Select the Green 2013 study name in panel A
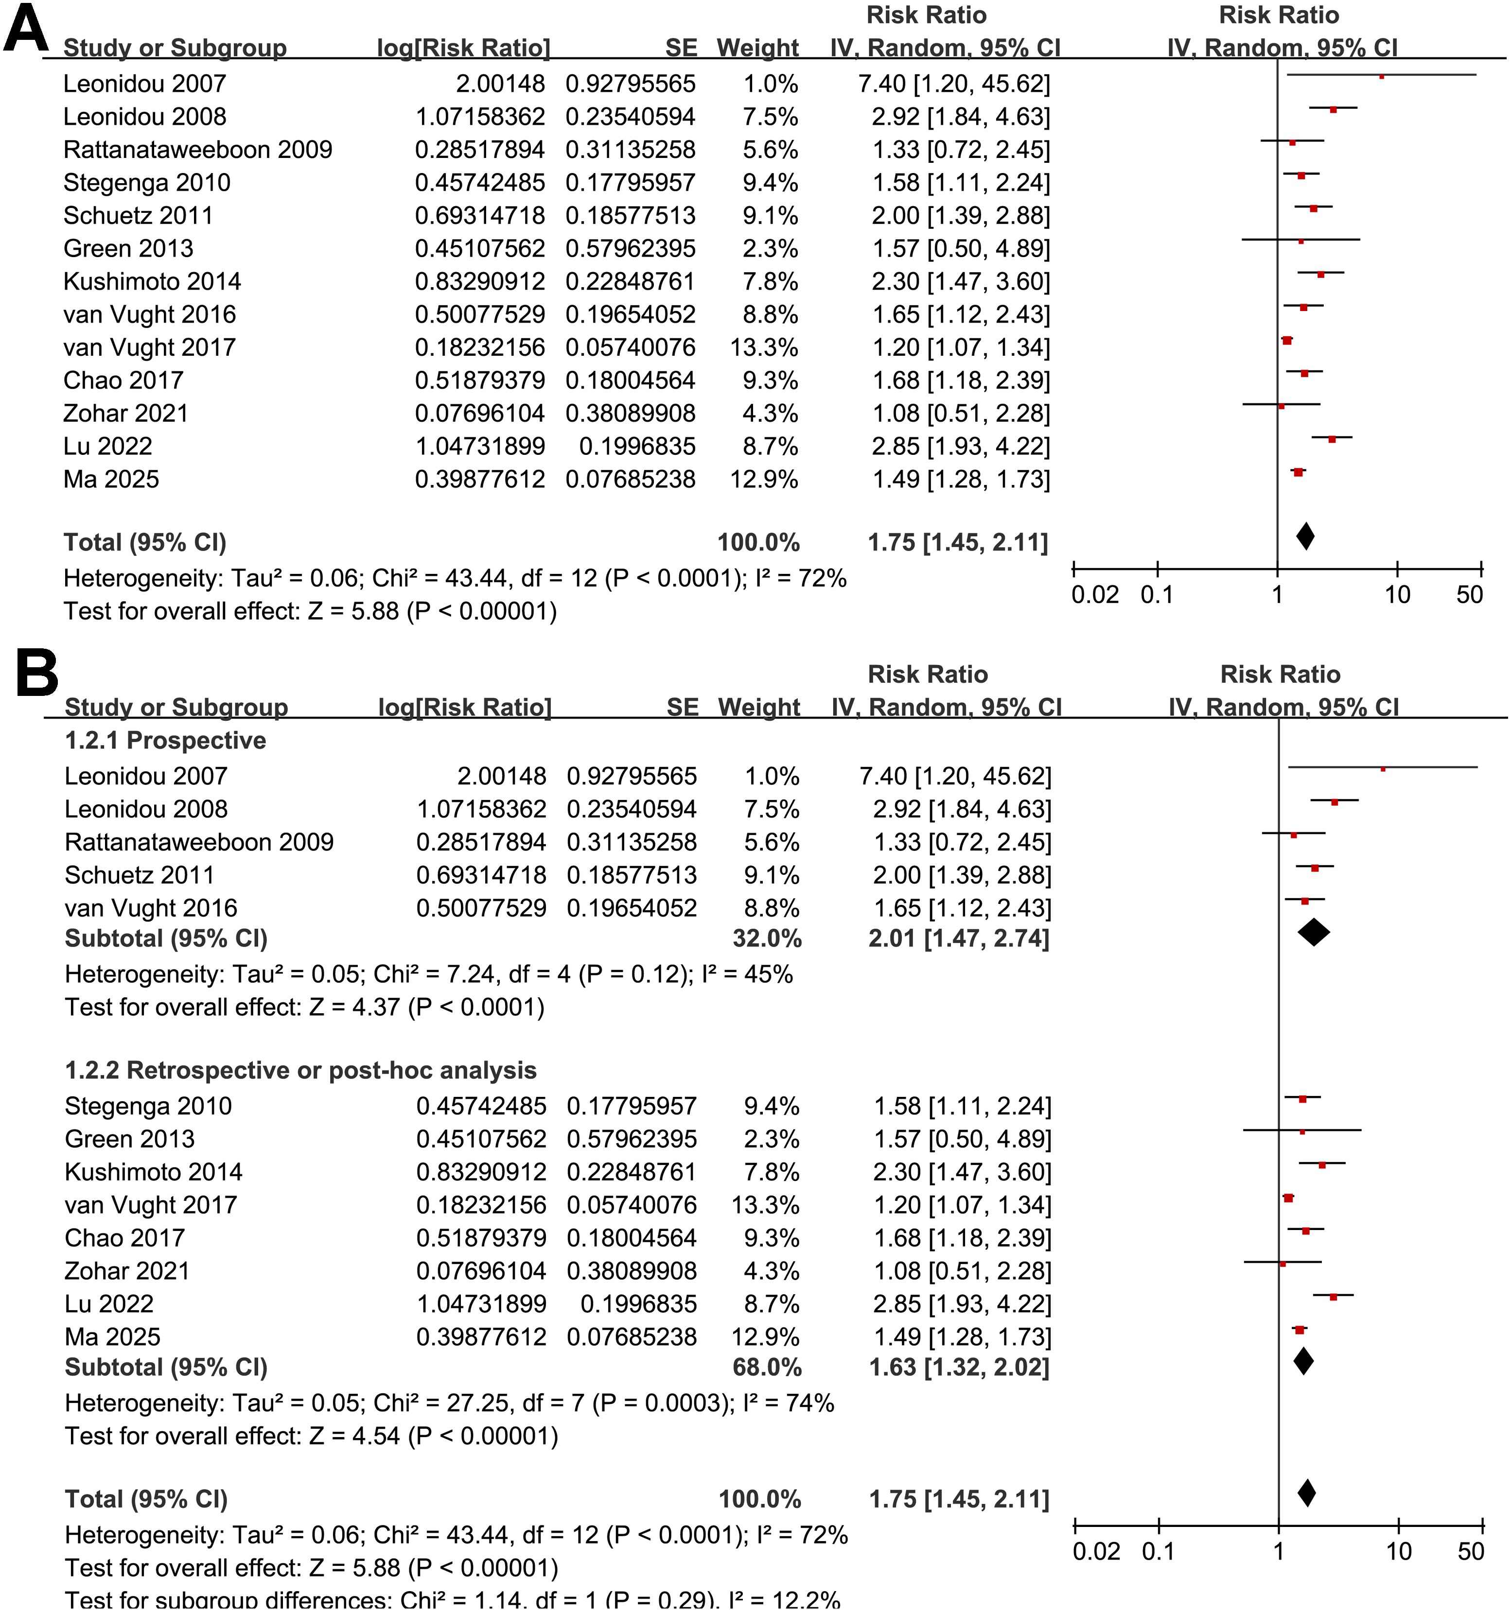click(x=128, y=248)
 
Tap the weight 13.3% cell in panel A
click(x=764, y=347)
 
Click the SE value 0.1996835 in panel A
click(x=637, y=446)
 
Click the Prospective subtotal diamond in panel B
click(x=1314, y=933)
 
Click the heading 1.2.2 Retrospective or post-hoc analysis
click(x=300, y=1070)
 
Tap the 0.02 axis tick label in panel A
click(x=1095, y=595)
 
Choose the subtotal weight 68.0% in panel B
click(x=767, y=1367)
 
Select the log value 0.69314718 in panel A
click(x=480, y=216)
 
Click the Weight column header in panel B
click(x=759, y=707)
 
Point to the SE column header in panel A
click(x=681, y=48)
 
